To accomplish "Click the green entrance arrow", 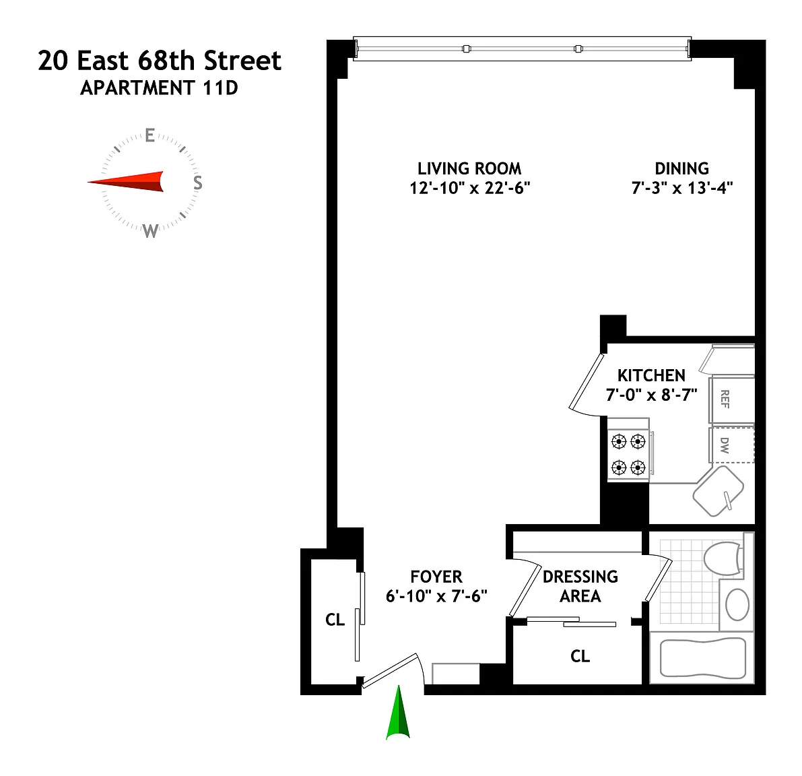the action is coord(398,713).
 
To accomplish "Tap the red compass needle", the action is coord(128,182).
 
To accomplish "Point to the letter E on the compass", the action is coord(150,135).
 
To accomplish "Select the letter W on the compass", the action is coord(150,230).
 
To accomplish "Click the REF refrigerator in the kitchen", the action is coord(732,401).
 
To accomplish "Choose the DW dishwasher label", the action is coord(725,445).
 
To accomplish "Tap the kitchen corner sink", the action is coord(718,491).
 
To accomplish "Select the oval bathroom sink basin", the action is coord(737,605).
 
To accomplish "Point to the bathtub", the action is coord(703,658).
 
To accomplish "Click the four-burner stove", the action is coord(629,454).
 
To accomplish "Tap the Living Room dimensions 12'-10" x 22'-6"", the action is coord(469,188).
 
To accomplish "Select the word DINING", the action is coord(682,169).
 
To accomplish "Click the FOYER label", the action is coord(436,577).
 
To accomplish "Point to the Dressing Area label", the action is coord(580,586).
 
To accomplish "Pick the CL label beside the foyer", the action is coord(335,620).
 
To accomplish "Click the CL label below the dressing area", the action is coord(580,656).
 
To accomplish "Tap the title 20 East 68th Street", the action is coord(160,61).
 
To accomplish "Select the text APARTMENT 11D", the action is coord(159,88).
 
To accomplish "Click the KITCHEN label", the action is coord(651,375).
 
